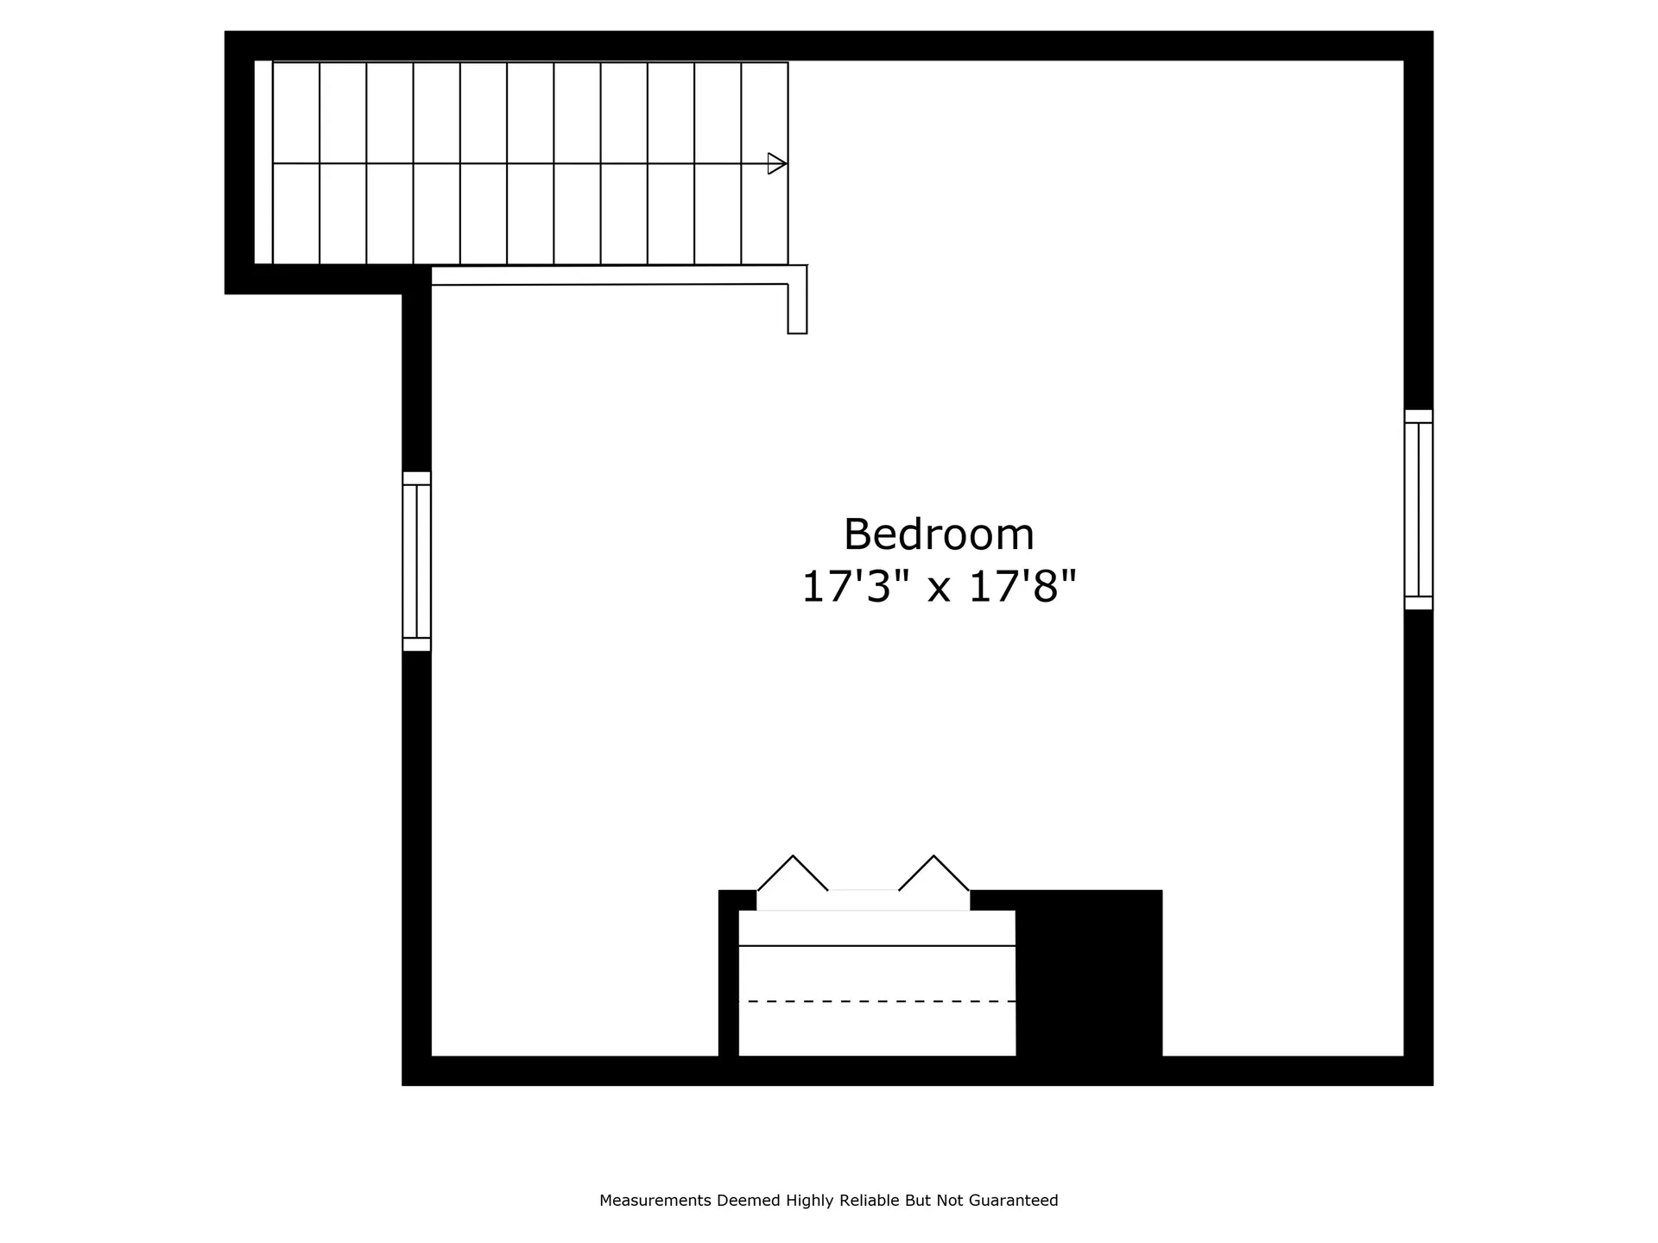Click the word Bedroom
(938, 534)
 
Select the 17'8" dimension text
(1022, 588)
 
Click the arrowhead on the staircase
(776, 163)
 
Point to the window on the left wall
(416, 561)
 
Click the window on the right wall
(1418, 509)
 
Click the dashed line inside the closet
(881, 1001)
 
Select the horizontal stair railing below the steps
(609, 275)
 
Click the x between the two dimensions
(939, 590)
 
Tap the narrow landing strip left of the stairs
(263, 162)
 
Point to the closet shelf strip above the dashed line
(876, 928)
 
